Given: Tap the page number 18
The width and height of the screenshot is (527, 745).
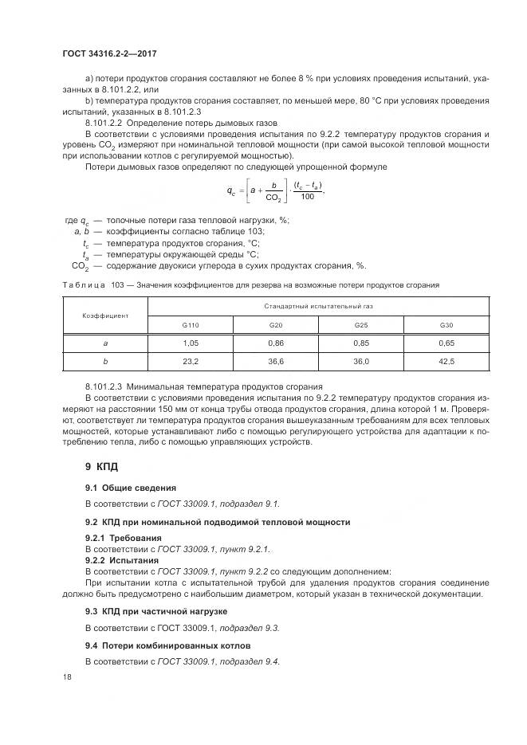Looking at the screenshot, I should (x=66, y=676).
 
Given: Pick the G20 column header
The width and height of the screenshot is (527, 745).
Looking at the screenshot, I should (x=276, y=325).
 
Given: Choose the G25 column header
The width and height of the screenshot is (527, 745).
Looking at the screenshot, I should (x=361, y=325).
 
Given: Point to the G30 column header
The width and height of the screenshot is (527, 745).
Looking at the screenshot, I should (x=446, y=325).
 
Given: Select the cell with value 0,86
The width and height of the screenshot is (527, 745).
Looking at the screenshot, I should (x=276, y=343).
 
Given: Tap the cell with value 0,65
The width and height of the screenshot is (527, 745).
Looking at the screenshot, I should (x=446, y=343).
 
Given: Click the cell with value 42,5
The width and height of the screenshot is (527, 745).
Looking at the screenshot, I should (x=446, y=361).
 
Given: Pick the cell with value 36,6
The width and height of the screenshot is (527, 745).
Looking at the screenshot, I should (x=276, y=361).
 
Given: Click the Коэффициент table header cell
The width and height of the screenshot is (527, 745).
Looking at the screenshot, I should (x=105, y=316).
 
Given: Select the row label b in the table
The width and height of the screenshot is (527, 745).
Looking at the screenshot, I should (x=105, y=361).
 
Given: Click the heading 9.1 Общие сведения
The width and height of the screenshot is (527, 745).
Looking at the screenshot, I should (x=131, y=487).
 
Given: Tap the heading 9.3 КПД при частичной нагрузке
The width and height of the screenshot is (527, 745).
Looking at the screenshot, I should (x=156, y=610).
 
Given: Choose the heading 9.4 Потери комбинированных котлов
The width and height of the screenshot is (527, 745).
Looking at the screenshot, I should (x=167, y=645).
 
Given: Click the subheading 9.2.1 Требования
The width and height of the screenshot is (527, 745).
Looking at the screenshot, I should (x=117, y=539).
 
